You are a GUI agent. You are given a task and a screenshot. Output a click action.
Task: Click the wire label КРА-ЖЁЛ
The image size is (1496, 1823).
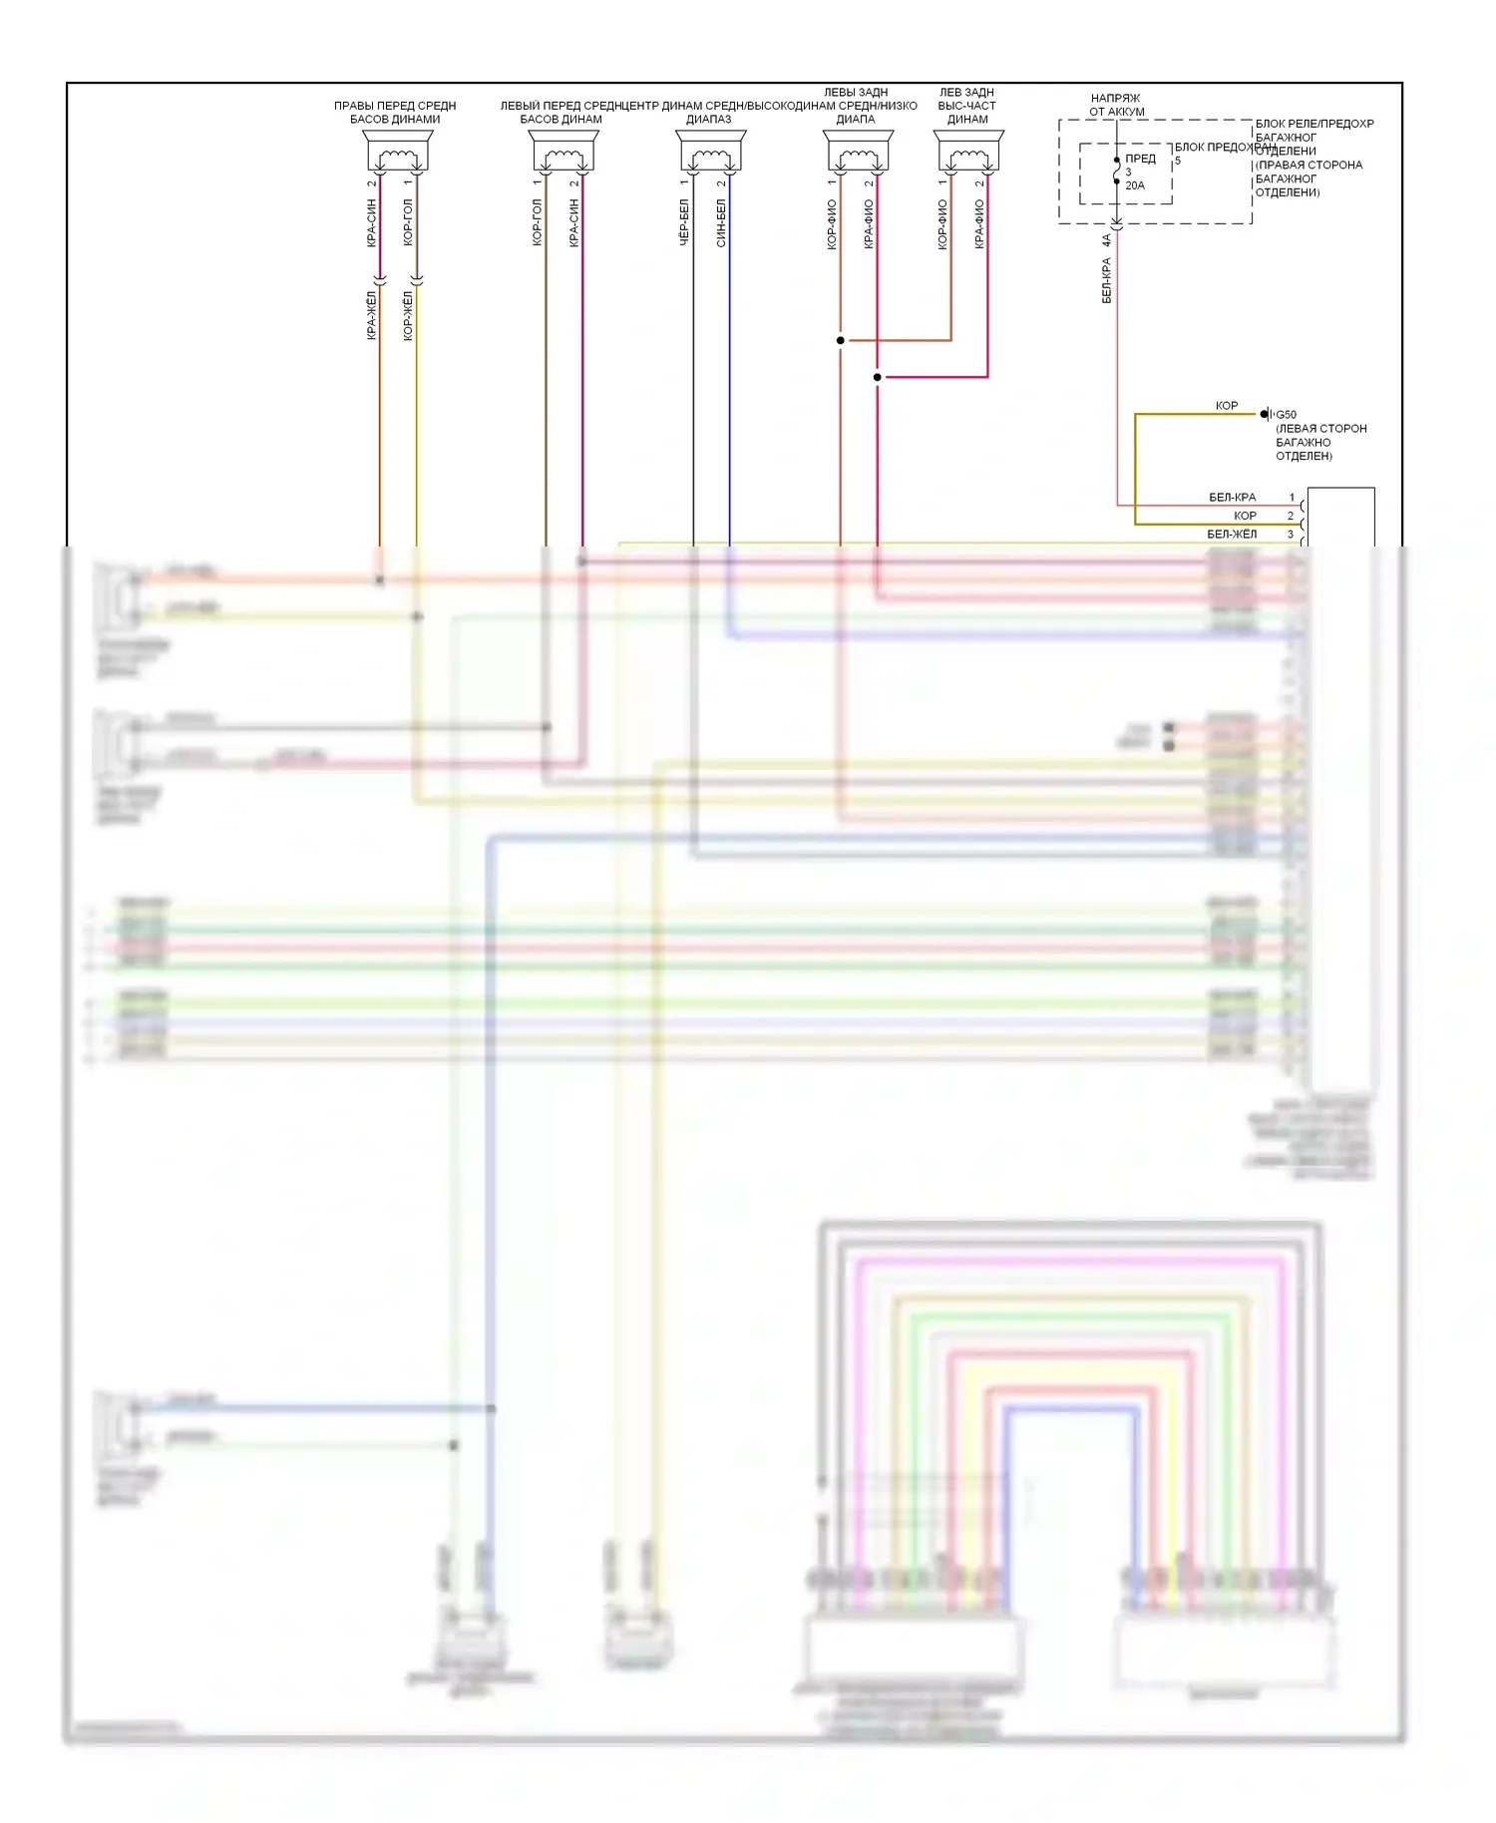click(x=371, y=315)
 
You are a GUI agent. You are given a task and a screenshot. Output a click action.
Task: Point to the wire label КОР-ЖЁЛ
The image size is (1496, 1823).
click(x=408, y=315)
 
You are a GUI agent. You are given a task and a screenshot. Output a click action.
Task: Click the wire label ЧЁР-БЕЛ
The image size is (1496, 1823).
click(x=684, y=222)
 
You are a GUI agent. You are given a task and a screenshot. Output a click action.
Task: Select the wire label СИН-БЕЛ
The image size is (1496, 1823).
click(x=721, y=222)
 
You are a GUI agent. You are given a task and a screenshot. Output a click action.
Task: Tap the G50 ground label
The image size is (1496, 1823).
click(x=1287, y=415)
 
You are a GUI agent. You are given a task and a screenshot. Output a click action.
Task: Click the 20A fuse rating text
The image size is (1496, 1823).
click(x=1135, y=185)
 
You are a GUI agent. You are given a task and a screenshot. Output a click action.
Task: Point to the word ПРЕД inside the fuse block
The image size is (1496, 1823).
click(x=1140, y=159)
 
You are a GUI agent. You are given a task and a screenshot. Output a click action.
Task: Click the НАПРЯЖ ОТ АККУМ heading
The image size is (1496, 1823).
click(x=1116, y=105)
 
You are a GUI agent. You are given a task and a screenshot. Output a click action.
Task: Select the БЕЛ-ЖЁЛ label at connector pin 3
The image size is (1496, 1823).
click(x=1232, y=535)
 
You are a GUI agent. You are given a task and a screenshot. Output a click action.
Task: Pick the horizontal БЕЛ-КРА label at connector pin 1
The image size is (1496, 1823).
click(x=1232, y=498)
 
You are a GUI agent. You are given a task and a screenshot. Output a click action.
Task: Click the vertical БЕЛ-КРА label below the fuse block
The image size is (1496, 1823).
click(x=1106, y=280)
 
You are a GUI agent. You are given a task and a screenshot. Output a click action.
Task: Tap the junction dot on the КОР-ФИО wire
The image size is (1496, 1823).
click(x=841, y=340)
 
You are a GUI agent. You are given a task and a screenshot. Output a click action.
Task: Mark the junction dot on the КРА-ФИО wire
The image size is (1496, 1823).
click(x=878, y=377)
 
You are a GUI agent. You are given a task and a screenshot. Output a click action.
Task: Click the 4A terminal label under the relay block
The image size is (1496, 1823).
click(x=1106, y=240)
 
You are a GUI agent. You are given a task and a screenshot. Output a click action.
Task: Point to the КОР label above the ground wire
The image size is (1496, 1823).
click(x=1226, y=406)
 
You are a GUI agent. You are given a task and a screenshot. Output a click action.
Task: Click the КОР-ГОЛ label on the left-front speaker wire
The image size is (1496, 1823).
click(x=537, y=222)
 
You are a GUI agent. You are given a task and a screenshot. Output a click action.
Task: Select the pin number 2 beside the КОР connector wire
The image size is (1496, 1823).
click(x=1291, y=516)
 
